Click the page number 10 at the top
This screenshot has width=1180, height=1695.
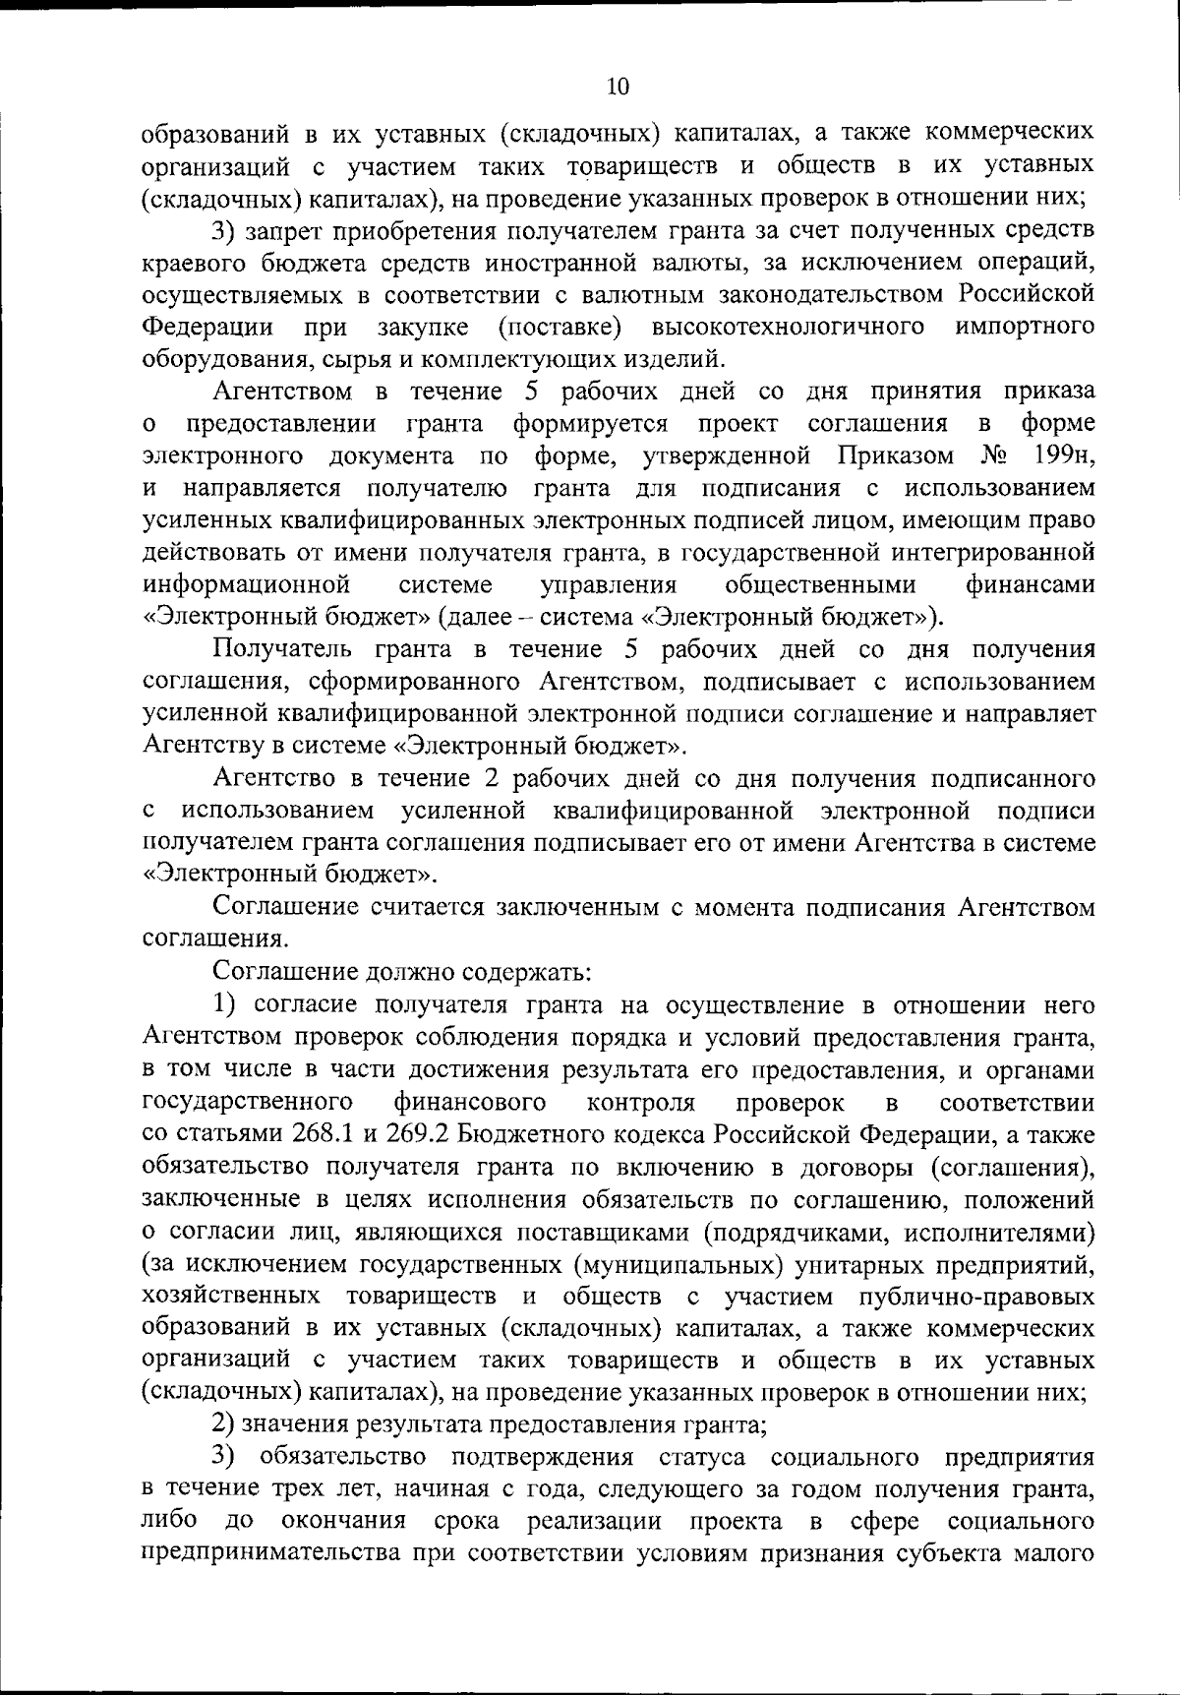(618, 87)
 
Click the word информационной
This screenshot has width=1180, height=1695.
(248, 585)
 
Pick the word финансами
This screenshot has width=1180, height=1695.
(1030, 585)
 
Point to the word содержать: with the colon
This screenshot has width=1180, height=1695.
(529, 973)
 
